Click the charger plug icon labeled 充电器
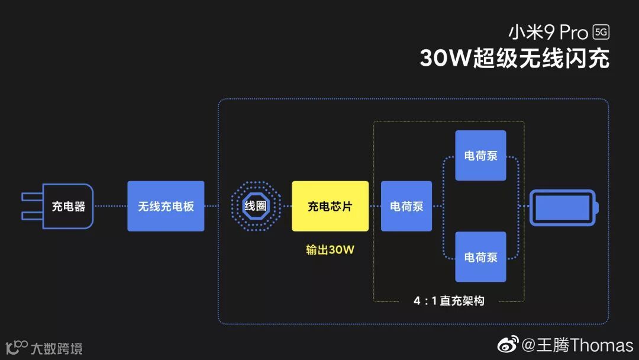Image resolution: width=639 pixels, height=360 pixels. (59, 206)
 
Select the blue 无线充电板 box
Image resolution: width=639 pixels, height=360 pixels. (166, 206)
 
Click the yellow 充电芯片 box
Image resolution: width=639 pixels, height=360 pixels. (330, 206)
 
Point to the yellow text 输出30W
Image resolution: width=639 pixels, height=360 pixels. (330, 250)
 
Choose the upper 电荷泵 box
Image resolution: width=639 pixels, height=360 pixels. (480, 156)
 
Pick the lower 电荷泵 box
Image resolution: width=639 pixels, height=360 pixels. (480, 257)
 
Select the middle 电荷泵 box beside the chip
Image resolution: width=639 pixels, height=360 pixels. (406, 206)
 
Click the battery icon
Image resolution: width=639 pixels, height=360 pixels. (563, 207)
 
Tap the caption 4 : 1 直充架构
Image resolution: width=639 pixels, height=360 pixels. (449, 301)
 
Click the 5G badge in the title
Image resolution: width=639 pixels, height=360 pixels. (601, 33)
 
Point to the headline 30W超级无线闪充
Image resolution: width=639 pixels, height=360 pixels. (514, 59)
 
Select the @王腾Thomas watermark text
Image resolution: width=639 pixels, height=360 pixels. (577, 345)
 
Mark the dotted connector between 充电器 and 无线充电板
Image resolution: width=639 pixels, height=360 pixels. (111, 206)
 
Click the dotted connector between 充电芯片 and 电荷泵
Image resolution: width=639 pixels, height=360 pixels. (375, 206)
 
